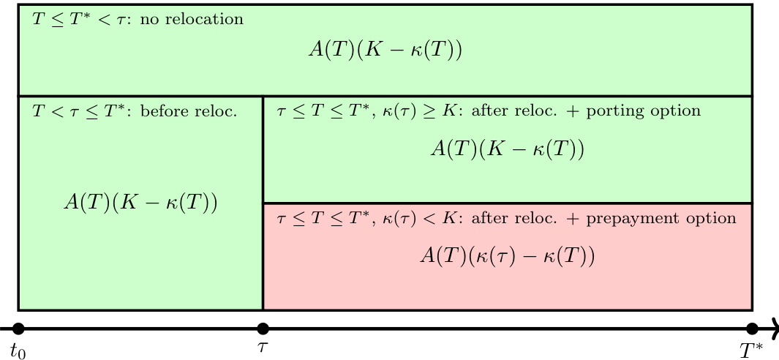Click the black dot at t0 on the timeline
19,329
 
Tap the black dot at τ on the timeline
263,329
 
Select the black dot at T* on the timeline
751,329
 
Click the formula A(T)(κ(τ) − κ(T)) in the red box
507,256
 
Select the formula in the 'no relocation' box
385,50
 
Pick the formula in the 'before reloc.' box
140,203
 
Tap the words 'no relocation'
192,20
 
